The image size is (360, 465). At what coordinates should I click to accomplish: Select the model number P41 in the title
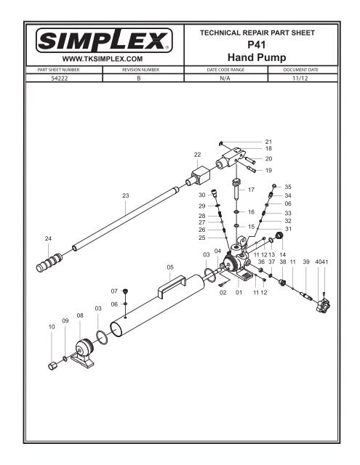pyautogui.click(x=264, y=44)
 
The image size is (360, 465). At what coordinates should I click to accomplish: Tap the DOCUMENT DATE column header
pyautogui.click(x=299, y=70)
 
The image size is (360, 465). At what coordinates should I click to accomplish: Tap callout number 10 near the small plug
pyautogui.click(x=51, y=328)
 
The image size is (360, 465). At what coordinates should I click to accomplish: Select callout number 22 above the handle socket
pyautogui.click(x=197, y=155)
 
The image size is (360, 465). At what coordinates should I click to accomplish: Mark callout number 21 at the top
pyautogui.click(x=268, y=141)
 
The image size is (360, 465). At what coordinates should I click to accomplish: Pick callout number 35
pyautogui.click(x=287, y=187)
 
